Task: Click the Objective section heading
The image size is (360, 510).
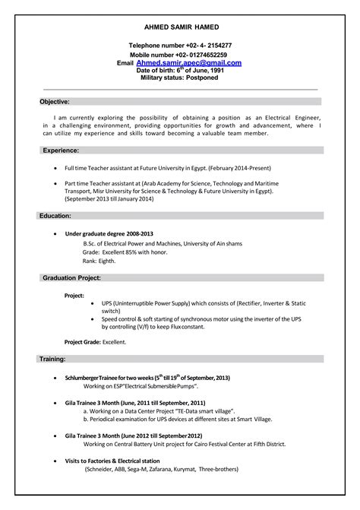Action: [55, 101]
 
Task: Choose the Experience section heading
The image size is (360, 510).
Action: [60, 150]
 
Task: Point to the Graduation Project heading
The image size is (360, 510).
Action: [77, 278]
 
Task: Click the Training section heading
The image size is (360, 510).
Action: [53, 357]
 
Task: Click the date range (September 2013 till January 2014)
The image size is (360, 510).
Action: [109, 199]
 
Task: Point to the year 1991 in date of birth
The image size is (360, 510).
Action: [213, 71]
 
